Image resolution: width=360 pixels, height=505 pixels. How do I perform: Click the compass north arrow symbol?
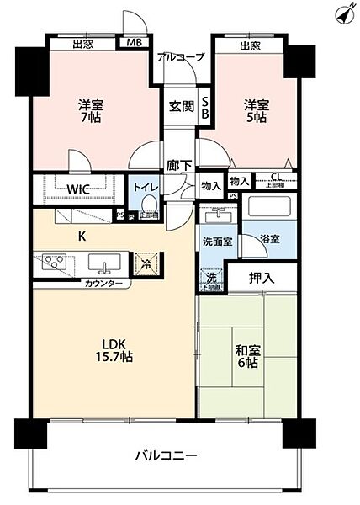coord(342,14)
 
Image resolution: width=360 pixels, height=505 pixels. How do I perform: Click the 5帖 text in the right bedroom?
coord(257,119)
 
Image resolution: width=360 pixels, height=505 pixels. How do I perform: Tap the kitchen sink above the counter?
coord(103,266)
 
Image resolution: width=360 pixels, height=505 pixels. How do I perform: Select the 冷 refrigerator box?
coord(145,263)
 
